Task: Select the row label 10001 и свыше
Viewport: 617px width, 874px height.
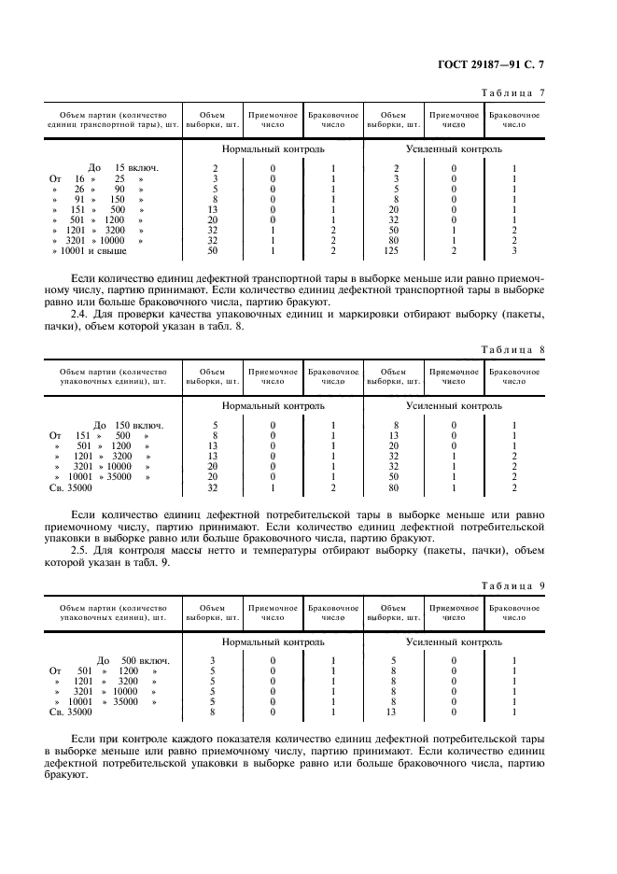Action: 90,251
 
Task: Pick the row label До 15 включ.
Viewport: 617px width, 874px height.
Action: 121,168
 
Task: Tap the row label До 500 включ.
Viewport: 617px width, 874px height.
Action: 128,660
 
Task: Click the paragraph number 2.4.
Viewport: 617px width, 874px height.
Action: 81,314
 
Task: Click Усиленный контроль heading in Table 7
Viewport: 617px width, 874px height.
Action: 454,148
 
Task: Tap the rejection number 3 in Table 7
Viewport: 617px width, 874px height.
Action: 513,251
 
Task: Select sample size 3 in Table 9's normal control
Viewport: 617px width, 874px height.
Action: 214,660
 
